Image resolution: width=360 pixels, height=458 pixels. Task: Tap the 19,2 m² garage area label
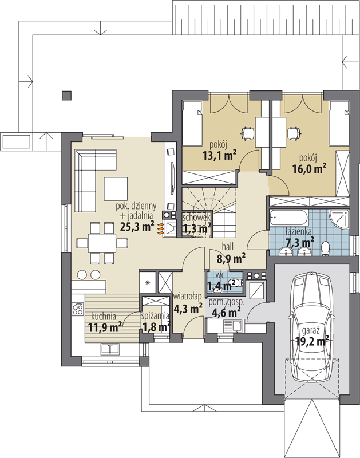pos(312,341)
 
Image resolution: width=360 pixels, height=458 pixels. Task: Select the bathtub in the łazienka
pos(288,217)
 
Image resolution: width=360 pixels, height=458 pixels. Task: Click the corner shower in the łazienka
pos(339,219)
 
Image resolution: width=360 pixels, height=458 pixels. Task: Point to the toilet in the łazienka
pos(326,248)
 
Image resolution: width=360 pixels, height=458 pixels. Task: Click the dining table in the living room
pos(102,242)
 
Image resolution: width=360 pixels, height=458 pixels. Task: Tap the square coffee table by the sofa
pos(116,189)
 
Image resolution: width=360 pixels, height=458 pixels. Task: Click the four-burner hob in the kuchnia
pos(78,309)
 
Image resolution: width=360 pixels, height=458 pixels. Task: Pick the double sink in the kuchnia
pos(110,349)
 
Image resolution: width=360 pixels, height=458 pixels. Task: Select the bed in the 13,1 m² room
pos(192,123)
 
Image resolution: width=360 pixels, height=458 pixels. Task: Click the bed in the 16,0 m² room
pos(339,123)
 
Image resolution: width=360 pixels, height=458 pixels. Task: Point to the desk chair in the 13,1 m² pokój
pos(247,133)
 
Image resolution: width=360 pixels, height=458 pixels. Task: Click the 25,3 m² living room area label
pos(137,226)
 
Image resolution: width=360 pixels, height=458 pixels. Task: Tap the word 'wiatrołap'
pos(187,297)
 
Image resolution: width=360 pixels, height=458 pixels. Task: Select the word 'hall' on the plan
pos(228,247)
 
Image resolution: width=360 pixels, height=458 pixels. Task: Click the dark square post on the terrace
pos(66,96)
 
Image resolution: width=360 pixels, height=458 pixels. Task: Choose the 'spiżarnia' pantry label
pos(155,316)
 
